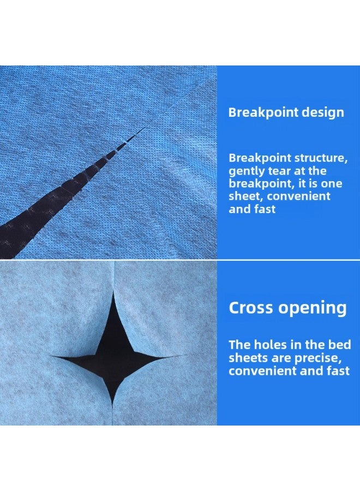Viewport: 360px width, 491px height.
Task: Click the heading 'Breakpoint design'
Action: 286,112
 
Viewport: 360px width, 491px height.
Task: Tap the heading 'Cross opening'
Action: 287,308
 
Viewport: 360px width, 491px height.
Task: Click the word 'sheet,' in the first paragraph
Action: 247,196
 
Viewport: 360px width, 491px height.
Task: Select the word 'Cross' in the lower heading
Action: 251,308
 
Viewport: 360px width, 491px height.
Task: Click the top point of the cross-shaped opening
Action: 113,291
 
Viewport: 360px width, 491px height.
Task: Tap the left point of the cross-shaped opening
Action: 51,356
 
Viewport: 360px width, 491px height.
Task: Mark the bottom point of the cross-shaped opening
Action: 113,405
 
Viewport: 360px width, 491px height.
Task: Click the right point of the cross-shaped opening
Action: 187,355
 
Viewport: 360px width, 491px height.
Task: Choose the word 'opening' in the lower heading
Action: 313,309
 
